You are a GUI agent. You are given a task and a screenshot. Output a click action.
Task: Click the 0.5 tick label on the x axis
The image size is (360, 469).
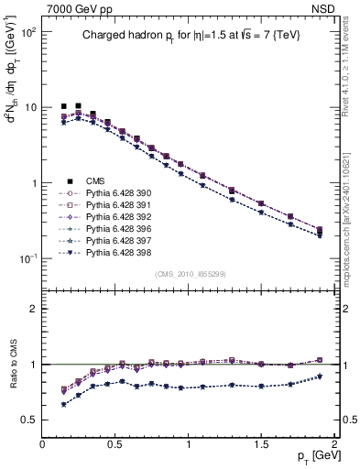115,444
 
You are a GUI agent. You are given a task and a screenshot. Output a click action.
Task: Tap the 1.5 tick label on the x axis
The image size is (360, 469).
262,444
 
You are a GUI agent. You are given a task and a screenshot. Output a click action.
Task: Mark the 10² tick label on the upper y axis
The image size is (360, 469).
27,31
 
